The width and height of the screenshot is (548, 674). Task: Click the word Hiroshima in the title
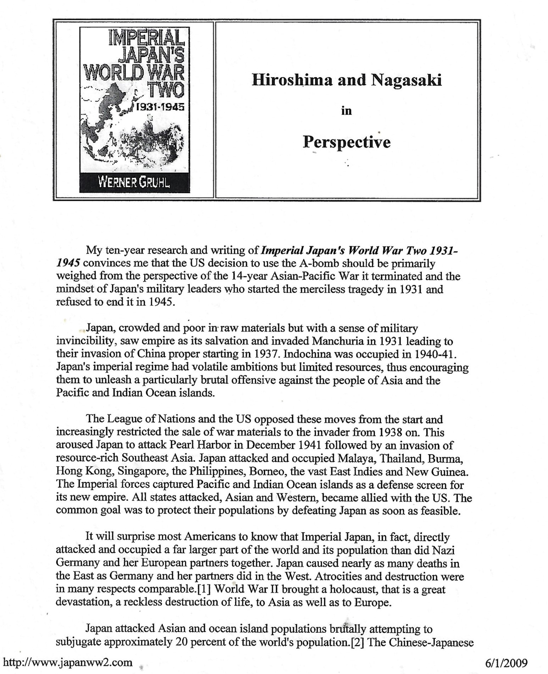point(292,81)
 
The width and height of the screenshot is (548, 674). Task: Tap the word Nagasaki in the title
point(406,81)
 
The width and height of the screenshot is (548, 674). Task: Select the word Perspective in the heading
point(347,142)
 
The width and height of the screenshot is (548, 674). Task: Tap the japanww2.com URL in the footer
point(67,662)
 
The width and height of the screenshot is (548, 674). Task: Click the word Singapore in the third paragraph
point(139,471)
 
